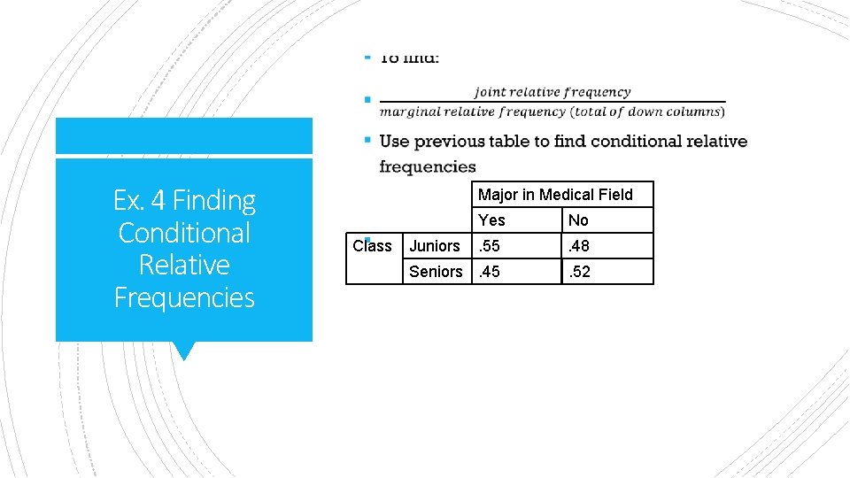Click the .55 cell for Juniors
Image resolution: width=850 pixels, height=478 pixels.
490,246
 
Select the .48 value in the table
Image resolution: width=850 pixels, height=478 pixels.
580,246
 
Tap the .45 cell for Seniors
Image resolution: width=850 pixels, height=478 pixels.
490,272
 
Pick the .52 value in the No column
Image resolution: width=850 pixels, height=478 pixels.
580,272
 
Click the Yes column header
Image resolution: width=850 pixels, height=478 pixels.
491,220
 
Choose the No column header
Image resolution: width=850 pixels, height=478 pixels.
578,220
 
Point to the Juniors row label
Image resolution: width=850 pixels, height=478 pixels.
435,246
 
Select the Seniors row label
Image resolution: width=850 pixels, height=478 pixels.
436,272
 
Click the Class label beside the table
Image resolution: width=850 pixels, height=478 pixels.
372,246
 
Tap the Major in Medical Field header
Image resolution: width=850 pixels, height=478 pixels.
555,195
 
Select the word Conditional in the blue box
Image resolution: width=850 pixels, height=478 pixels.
184,233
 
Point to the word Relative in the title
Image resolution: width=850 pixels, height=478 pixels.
184,265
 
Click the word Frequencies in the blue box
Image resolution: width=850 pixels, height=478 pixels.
184,297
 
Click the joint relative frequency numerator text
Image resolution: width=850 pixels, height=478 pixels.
552,92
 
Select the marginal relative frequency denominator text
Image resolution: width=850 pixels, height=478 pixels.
552,112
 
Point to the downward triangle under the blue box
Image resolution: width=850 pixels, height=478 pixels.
183,351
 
